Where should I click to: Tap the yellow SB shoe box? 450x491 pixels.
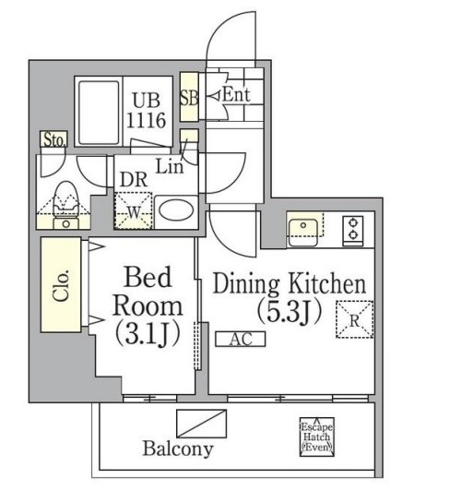point(188,95)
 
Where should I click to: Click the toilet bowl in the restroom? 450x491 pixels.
point(65,198)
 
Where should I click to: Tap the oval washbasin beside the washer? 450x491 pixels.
point(174,211)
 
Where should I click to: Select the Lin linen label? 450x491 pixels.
point(169,167)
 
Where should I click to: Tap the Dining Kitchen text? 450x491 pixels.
point(290,283)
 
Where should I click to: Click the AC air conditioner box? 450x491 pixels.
point(241,339)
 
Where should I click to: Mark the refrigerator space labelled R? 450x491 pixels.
point(354,319)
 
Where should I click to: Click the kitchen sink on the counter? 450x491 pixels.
point(303,229)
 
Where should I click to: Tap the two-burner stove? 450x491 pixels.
point(351,229)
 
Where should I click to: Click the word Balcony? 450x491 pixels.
point(178,449)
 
